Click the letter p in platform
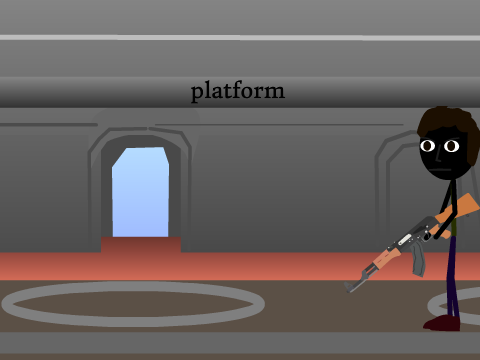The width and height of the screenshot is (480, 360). tap(197, 93)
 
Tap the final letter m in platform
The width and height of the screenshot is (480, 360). tap(275, 92)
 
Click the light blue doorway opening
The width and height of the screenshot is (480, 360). tap(140, 192)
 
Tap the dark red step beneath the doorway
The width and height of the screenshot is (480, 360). tap(141, 245)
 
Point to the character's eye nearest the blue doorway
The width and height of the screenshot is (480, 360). tap(427, 146)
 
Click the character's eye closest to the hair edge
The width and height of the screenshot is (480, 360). tap(452, 146)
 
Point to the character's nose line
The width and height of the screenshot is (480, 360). tap(440, 155)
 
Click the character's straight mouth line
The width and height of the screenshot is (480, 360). tap(440, 169)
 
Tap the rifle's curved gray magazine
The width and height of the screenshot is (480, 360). tap(418, 260)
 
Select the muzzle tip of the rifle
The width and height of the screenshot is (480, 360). tap(347, 287)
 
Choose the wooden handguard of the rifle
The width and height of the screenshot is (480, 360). tap(387, 257)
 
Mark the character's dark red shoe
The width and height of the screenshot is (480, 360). tap(442, 323)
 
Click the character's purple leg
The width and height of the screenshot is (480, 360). tap(453, 277)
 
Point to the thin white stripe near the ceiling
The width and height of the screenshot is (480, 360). tap(240, 38)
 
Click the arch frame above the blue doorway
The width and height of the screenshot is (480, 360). tap(140, 132)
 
